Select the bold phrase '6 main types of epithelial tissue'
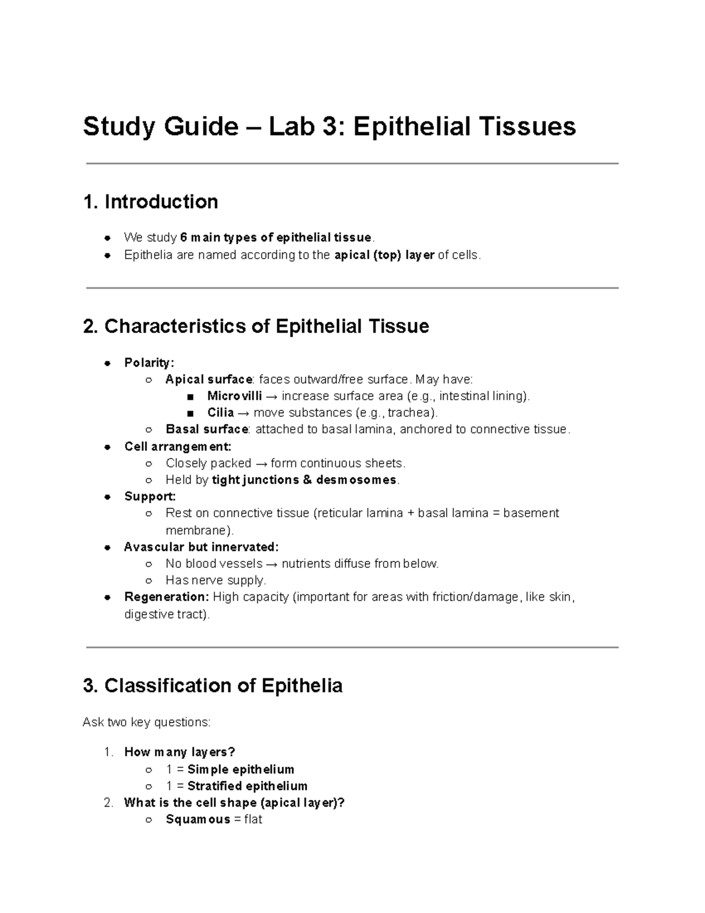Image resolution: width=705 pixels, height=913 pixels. (x=276, y=238)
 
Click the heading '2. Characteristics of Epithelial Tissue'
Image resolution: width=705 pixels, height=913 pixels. (x=256, y=326)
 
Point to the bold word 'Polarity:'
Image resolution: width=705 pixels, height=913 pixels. (x=149, y=363)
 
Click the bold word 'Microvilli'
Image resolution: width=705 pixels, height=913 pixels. (x=234, y=396)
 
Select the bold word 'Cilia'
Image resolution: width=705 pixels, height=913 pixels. (x=220, y=413)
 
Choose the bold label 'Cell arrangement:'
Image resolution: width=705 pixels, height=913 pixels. (x=178, y=446)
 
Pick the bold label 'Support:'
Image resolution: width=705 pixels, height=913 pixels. (x=150, y=496)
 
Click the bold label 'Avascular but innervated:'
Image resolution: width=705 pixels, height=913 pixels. (x=201, y=547)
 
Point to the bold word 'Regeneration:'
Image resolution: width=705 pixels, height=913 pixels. (x=166, y=597)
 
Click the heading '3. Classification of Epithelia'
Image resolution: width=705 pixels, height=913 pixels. (x=213, y=685)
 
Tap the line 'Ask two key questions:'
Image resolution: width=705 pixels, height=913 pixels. (x=146, y=722)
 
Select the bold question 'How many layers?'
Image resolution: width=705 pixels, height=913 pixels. (x=179, y=753)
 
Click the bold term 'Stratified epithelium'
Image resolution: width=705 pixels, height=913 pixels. (x=247, y=786)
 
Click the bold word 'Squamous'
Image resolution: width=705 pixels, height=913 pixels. (x=198, y=820)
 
